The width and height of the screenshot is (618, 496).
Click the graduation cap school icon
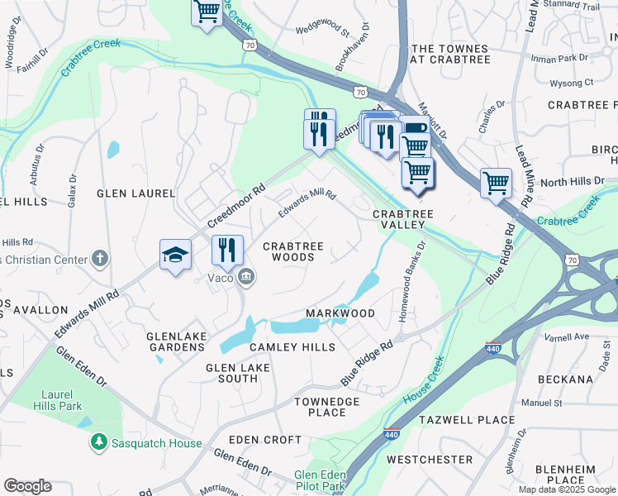[x=176, y=255]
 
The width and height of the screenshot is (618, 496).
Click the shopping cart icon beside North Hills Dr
[x=496, y=183]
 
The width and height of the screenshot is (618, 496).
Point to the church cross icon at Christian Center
[x=100, y=259]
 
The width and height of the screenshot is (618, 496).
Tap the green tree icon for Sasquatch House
[x=99, y=443]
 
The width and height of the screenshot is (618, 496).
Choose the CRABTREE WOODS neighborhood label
[x=288, y=251]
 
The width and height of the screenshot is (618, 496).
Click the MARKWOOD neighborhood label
[x=340, y=313]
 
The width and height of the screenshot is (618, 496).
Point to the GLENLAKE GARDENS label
[x=174, y=341]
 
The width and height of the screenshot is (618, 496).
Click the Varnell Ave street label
[x=566, y=336]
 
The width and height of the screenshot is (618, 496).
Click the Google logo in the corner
[x=27, y=486]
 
